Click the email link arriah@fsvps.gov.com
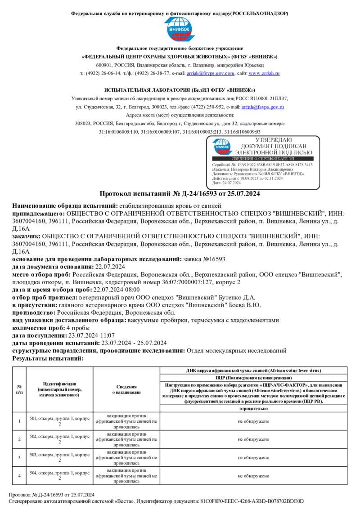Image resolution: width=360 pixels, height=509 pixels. click(211, 73)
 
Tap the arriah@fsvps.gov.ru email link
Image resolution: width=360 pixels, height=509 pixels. click(263, 107)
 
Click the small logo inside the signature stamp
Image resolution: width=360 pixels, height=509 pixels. click(222, 147)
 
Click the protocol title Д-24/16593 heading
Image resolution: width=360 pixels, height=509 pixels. click(180, 194)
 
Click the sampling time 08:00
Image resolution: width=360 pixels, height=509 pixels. click(131, 290)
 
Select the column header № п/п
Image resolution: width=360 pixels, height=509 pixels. click(19, 389)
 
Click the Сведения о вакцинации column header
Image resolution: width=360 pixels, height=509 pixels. click(126, 389)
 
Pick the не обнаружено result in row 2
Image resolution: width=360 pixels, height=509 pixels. click(254, 439)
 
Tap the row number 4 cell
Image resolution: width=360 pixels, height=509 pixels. click(19, 475)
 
